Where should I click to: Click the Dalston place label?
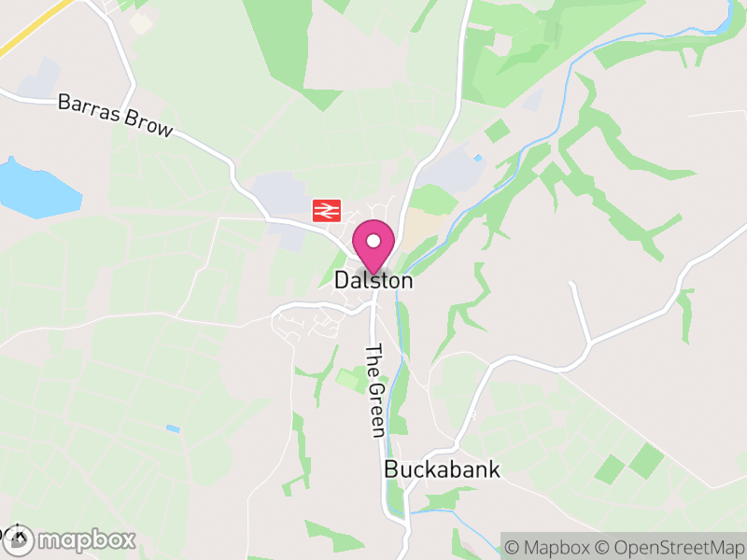point(373,279)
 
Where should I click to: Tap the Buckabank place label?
point(442,469)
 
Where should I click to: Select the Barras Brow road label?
point(116,115)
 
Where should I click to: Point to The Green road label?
point(375,390)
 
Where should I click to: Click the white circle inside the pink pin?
point(373,241)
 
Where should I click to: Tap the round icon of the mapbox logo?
point(20,539)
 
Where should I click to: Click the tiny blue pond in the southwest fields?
point(173,428)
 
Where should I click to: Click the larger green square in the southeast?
point(646,458)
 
